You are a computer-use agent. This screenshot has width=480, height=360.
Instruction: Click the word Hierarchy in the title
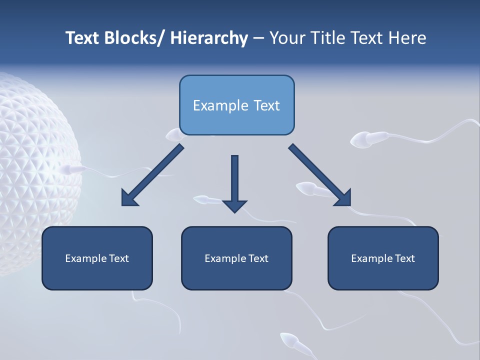[209, 38]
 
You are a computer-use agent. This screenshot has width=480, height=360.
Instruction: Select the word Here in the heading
[407, 38]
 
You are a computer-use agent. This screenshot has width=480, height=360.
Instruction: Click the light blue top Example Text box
[236, 105]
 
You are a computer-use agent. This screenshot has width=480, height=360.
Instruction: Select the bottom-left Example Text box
[97, 258]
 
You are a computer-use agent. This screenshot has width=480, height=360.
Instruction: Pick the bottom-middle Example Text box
[236, 258]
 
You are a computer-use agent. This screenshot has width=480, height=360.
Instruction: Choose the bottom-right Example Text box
[383, 258]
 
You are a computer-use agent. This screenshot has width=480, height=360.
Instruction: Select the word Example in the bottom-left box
[85, 258]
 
